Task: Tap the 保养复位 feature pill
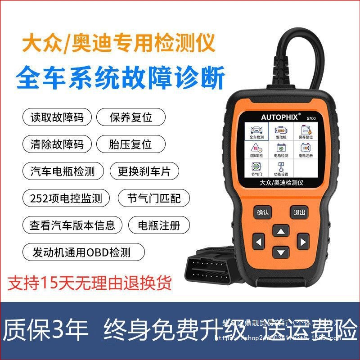(x=131, y=117)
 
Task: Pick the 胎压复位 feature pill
(x=130, y=144)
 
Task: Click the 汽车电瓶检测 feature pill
(x=63, y=171)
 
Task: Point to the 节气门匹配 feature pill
(x=153, y=198)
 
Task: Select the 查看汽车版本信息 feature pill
(x=72, y=225)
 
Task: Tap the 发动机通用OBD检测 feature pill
(x=83, y=252)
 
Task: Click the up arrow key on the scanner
(x=281, y=232)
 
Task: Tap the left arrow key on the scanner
(x=259, y=243)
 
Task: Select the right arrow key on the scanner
(x=303, y=243)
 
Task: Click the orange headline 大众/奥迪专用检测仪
(x=119, y=44)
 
